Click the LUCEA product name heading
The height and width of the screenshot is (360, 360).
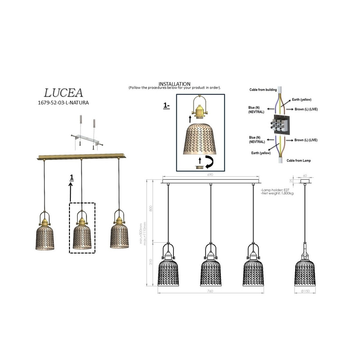pos(63,93)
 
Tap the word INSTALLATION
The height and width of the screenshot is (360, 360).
pos(174,84)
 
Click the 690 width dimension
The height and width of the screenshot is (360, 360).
pos(210,175)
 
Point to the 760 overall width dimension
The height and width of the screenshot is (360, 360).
pos(210,291)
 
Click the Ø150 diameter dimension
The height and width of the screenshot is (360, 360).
pos(305,291)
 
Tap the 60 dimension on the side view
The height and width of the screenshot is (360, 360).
pos(305,176)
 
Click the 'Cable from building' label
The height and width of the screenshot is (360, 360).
pos(263,90)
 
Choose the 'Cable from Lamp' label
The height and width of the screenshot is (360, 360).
pos(299,161)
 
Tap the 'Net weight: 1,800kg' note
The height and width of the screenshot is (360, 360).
pos(277,193)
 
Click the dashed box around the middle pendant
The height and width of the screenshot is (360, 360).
pos(82,228)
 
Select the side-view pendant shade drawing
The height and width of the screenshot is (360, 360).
pos(305,272)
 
